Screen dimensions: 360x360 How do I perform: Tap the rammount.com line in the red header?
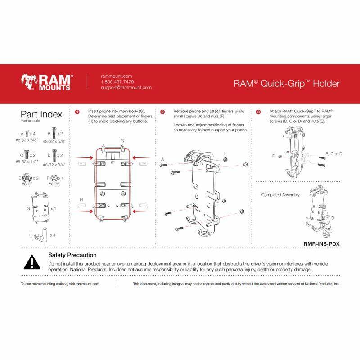click(x=117, y=76)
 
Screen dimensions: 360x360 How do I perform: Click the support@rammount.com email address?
click(x=126, y=88)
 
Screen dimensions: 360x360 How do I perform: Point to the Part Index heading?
click(x=41, y=114)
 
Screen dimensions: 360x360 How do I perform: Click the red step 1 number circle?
click(x=77, y=112)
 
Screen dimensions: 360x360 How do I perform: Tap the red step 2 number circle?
click(x=162, y=112)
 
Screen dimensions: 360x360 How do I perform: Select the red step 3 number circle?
click(x=259, y=112)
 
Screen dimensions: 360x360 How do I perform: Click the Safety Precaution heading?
click(x=73, y=255)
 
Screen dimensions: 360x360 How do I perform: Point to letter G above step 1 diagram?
click(x=122, y=141)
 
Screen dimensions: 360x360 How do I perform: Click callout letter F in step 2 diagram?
click(x=225, y=153)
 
